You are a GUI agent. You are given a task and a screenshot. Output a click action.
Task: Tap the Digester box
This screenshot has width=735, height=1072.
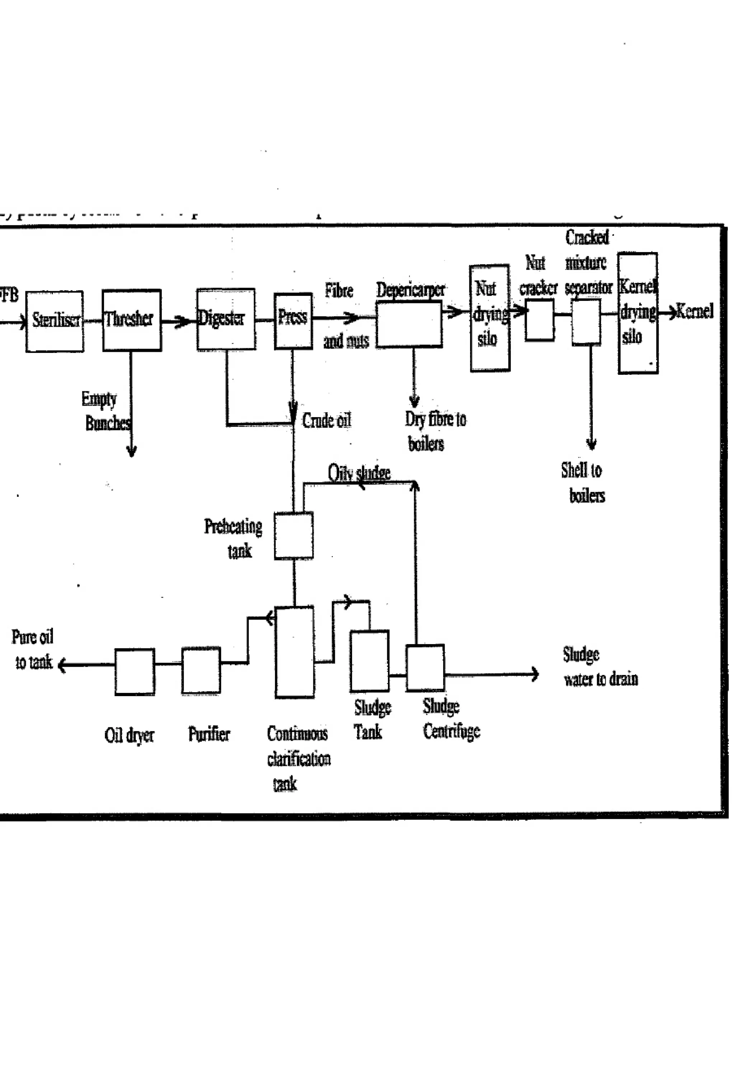(226, 319)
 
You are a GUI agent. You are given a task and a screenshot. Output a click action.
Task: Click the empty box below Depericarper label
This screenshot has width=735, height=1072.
(409, 324)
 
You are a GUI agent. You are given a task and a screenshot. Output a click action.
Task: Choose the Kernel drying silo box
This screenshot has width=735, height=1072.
(638, 313)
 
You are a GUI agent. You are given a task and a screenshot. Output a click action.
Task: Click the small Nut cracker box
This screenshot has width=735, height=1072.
(539, 319)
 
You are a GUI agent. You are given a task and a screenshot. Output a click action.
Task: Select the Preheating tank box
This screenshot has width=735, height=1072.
(294, 535)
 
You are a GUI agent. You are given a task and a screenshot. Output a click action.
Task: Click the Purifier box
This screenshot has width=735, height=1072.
(201, 670)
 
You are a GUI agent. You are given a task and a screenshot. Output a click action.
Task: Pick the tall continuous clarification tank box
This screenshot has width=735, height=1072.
(295, 652)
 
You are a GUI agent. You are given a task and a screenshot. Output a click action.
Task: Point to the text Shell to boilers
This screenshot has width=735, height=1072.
(583, 483)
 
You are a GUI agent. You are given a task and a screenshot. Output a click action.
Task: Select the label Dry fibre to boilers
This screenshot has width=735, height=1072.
(435, 431)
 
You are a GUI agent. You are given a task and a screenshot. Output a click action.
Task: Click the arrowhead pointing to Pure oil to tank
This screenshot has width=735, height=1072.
(62, 665)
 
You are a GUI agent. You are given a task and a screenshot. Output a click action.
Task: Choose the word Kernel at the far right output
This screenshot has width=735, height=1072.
(694, 311)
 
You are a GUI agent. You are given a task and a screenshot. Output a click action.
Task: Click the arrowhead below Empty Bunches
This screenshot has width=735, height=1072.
(131, 452)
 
